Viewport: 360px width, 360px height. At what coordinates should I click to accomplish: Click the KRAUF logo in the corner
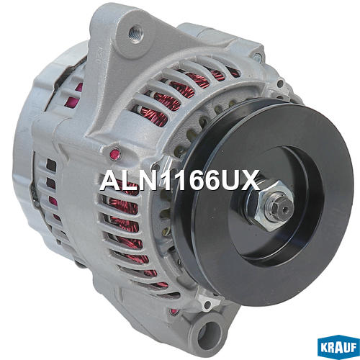point(338,347)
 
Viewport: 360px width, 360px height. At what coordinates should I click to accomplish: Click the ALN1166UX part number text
point(180,180)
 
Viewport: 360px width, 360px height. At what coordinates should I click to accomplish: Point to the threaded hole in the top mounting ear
point(136,34)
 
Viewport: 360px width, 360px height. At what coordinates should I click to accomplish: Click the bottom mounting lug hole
point(209,334)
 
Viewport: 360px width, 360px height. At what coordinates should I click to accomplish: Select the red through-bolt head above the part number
point(115,154)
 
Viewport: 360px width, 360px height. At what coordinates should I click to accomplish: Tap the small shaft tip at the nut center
point(284,210)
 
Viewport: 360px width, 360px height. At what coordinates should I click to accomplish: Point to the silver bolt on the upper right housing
point(257,58)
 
